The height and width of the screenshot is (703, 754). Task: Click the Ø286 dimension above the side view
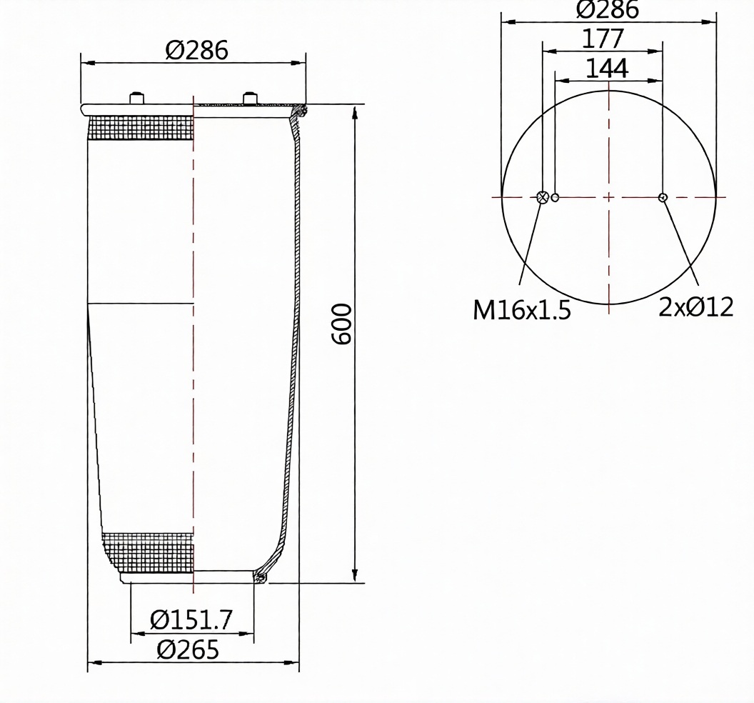point(196,50)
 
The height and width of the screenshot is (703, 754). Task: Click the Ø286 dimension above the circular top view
point(608,9)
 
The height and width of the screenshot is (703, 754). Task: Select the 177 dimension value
point(603,39)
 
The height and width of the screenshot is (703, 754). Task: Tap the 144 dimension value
point(607,69)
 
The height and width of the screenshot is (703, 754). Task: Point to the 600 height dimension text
point(342,324)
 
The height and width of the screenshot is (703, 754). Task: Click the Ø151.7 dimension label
point(191,619)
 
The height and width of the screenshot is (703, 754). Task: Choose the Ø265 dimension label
point(188,650)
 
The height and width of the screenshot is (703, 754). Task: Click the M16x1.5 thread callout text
point(522,309)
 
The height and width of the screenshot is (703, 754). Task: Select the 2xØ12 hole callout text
point(696,307)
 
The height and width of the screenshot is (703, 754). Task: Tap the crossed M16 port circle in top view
point(543,196)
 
